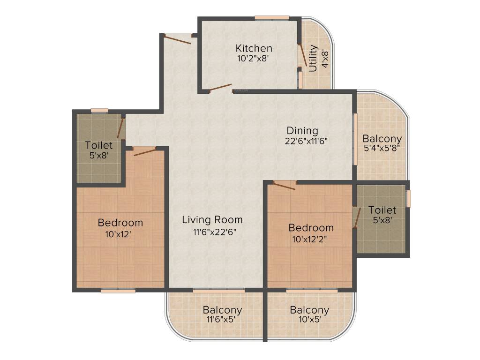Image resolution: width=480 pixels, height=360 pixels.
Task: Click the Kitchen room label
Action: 254,48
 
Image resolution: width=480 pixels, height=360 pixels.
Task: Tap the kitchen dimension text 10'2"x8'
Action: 254,59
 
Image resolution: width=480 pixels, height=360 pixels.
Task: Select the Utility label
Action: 313,58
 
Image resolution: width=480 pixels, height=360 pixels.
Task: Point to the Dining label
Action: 302,131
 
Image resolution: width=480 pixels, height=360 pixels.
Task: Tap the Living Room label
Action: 212,219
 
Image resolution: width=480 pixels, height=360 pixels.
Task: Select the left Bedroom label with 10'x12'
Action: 120,223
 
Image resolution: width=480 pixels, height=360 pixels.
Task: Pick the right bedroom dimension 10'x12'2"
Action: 311,239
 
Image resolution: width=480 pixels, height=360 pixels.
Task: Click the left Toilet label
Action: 99,146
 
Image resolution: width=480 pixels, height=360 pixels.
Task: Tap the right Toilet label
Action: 382,210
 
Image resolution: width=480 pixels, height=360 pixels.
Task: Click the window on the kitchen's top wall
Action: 272,18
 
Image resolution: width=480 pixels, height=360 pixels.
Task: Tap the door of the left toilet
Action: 120,127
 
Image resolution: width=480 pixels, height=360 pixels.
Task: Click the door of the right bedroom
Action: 284,186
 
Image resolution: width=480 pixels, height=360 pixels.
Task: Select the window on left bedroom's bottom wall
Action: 118,291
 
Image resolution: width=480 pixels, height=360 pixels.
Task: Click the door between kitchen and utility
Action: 303,55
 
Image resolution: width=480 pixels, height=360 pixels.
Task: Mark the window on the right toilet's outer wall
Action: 408,198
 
